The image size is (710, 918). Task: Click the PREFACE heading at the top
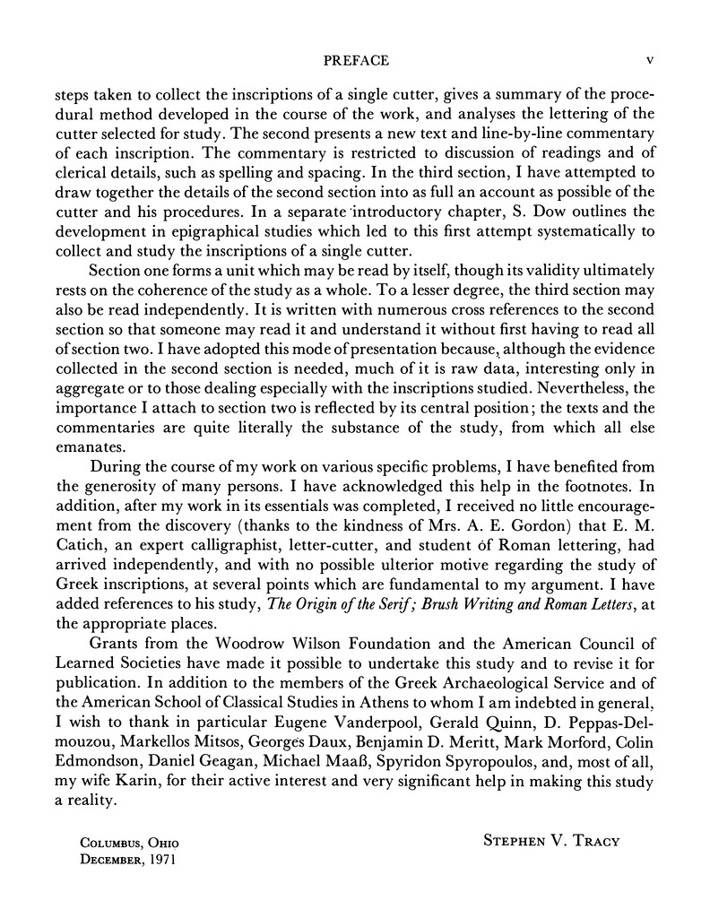point(355,61)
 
